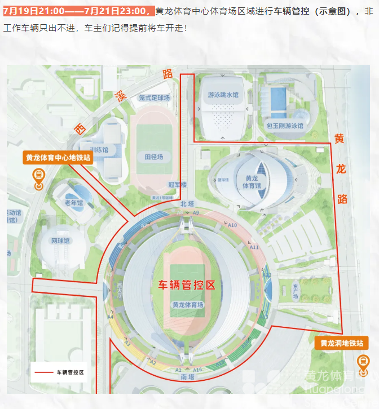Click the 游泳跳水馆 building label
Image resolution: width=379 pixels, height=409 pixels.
[223, 95]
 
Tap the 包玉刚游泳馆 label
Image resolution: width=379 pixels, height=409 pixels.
[285, 126]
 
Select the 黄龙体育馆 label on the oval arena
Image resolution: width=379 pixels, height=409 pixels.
[252, 182]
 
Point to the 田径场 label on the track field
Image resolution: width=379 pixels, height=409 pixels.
[153, 157]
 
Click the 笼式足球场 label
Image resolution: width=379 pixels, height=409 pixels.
[155, 97]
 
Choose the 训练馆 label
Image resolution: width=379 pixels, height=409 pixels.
[99, 149]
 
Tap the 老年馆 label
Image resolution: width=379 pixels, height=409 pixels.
[73, 203]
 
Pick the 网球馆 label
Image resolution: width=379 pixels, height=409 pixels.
[60, 241]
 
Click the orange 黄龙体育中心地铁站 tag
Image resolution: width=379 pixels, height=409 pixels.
[58, 158]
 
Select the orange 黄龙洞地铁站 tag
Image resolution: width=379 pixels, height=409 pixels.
[342, 343]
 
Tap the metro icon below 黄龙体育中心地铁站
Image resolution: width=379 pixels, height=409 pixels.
[38, 179]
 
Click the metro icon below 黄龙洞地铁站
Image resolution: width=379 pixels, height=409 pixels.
[363, 362]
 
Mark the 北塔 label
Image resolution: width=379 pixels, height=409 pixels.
[187, 203]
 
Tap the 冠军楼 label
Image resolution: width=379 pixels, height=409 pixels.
[177, 184]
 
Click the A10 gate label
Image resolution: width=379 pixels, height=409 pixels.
[232, 225]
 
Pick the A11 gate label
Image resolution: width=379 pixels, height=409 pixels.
[254, 247]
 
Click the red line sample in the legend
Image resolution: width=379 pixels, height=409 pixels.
[44, 372]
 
